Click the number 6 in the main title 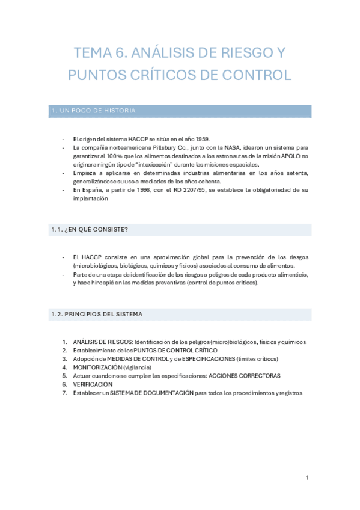click(x=121, y=53)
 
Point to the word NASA click(x=228, y=147)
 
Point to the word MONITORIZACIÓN click(x=97, y=367)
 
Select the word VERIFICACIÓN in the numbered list click(x=93, y=384)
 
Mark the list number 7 click(x=65, y=393)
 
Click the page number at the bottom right click(x=307, y=478)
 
